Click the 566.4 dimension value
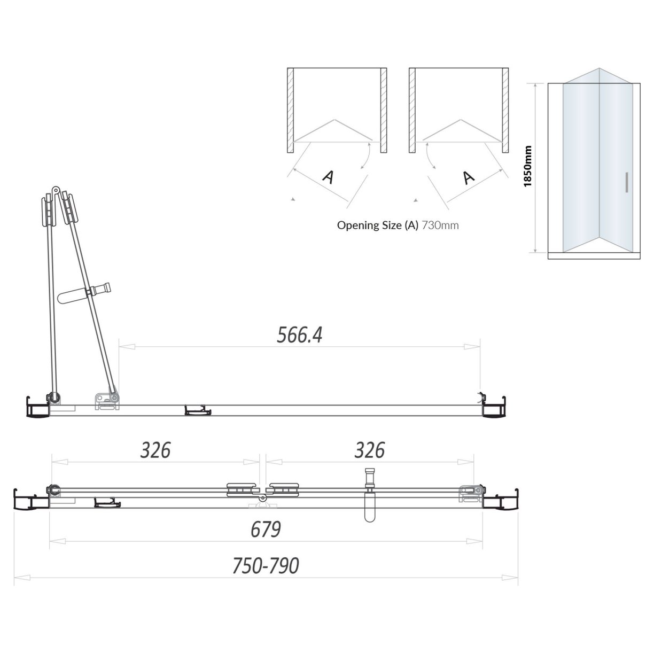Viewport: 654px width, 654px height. [x=300, y=335]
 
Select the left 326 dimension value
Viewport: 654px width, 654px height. [x=155, y=450]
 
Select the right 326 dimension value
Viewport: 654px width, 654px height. [x=370, y=450]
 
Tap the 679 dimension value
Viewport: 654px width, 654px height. [x=266, y=530]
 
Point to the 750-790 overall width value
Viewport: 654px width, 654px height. [x=266, y=566]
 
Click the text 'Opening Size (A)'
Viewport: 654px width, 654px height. [x=378, y=225]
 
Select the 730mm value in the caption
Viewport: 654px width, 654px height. [x=440, y=225]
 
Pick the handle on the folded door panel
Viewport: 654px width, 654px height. [x=85, y=294]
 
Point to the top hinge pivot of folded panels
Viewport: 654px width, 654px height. [x=55, y=190]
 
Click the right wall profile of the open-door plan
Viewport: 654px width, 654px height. [x=494, y=408]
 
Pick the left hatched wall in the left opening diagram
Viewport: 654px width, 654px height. [x=291, y=110]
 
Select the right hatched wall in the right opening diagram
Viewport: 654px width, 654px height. [x=505, y=110]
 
